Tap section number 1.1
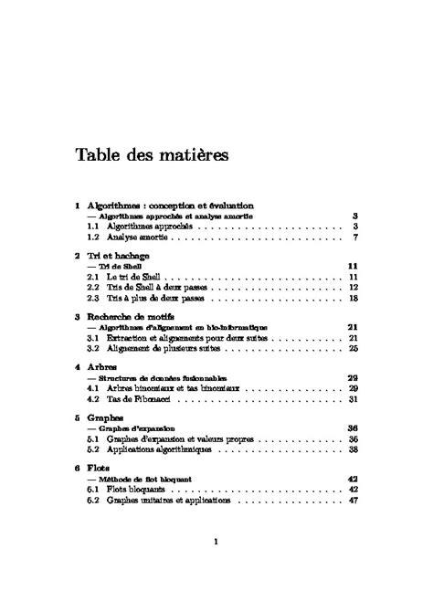(x=92, y=226)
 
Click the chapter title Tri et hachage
(x=119, y=257)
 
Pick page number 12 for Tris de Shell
(x=351, y=287)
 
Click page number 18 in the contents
(x=351, y=298)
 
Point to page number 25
(x=351, y=348)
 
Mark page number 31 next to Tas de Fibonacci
(x=351, y=398)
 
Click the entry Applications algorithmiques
(x=159, y=449)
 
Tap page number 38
(x=351, y=449)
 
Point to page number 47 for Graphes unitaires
(x=351, y=500)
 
